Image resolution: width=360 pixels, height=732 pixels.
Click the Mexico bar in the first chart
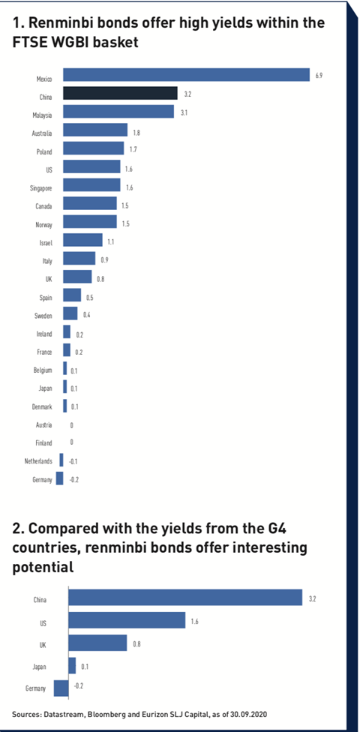(x=186, y=75)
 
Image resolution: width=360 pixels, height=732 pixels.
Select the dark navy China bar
(x=120, y=93)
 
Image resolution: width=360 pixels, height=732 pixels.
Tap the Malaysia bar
(x=118, y=111)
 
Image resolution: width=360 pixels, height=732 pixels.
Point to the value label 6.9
(x=319, y=76)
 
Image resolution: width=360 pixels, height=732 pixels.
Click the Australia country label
(x=41, y=133)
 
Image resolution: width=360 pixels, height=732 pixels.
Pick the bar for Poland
(x=94, y=148)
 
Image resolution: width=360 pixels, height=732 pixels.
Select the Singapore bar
(x=91, y=184)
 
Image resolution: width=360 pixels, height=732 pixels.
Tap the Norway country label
(x=43, y=224)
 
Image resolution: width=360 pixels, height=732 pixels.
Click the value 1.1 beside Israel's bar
(x=111, y=241)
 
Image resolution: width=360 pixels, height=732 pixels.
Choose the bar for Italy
(x=79, y=258)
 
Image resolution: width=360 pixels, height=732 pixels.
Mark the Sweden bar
(x=70, y=313)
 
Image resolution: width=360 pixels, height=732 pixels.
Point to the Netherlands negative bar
(x=61, y=460)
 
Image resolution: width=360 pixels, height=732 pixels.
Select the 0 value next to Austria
(x=71, y=425)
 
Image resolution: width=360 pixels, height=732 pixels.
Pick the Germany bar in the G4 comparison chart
(x=61, y=688)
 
